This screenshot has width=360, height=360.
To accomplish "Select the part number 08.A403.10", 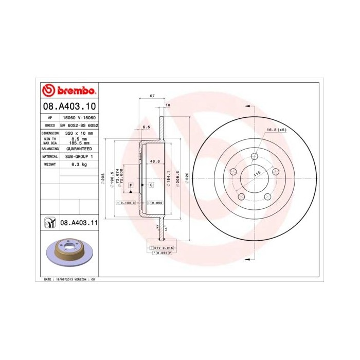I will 68,106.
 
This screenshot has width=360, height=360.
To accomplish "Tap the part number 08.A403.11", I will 79,223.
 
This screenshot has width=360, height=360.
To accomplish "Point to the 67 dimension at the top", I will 152,96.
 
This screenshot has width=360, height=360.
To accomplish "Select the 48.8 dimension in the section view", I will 154,161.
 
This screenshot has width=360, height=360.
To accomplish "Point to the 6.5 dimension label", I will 146,127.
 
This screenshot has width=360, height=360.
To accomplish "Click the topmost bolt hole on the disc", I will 255,156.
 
